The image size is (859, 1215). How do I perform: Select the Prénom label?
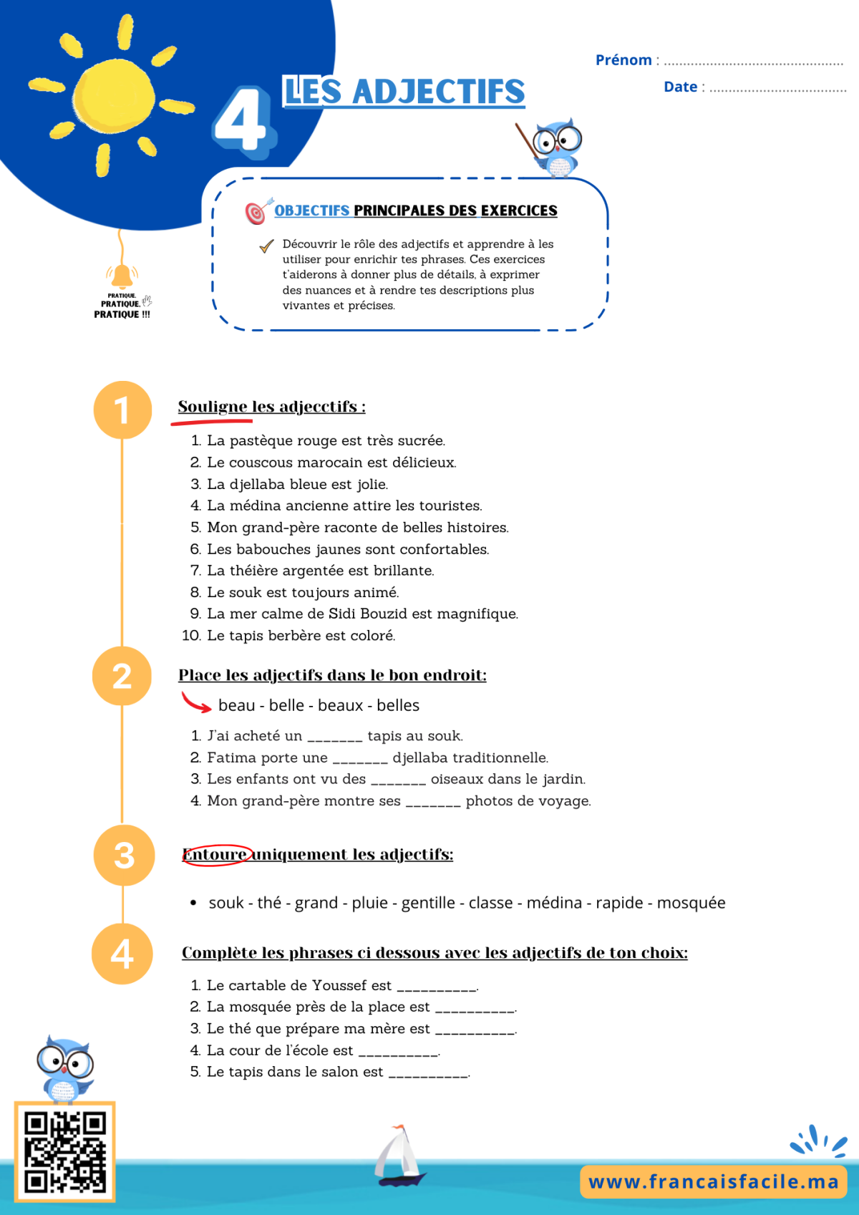pos(623,59)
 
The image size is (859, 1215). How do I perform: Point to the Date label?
pos(681,87)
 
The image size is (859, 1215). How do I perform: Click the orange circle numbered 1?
pos(122,410)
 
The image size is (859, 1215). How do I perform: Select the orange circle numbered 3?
pos(124,856)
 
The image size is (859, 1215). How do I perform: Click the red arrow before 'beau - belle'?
pos(195,702)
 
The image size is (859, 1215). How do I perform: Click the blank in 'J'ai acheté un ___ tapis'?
pos(335,740)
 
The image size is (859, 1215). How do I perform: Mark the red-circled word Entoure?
pos(215,855)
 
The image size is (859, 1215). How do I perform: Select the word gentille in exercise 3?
pos(428,903)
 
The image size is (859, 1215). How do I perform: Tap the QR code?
pos(64,1151)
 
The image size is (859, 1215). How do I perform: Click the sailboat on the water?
pos(399,1156)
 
